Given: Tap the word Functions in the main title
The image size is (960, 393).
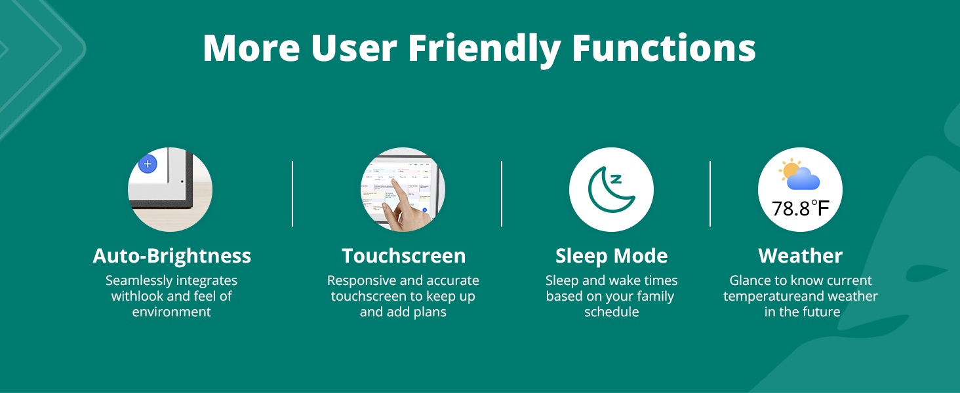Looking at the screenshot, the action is pyautogui.click(x=664, y=48).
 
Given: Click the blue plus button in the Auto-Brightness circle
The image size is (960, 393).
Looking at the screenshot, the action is pyautogui.click(x=148, y=164).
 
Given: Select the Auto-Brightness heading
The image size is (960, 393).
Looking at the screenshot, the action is pyautogui.click(x=172, y=256).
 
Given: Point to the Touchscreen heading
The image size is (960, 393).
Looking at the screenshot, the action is pyautogui.click(x=404, y=256).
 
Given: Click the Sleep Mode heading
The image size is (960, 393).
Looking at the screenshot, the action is pyautogui.click(x=612, y=256).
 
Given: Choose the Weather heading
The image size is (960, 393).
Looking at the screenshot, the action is pyautogui.click(x=800, y=256).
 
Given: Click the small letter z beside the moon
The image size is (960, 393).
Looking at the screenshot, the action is pyautogui.click(x=616, y=179).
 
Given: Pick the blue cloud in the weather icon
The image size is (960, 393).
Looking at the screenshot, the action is pyautogui.click(x=803, y=179).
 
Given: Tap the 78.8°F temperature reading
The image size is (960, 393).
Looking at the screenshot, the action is pyautogui.click(x=801, y=208).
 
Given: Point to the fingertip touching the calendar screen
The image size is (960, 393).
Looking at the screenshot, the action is pyautogui.click(x=395, y=181).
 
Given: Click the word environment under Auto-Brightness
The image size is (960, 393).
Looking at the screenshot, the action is pyautogui.click(x=171, y=312).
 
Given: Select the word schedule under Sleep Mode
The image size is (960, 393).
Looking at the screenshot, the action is pyautogui.click(x=612, y=312).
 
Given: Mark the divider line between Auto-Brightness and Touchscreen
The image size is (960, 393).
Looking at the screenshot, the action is pyautogui.click(x=292, y=194).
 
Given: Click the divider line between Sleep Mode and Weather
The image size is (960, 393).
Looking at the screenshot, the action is pyautogui.click(x=710, y=194).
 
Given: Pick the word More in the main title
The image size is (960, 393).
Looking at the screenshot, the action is pyautogui.click(x=252, y=48).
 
